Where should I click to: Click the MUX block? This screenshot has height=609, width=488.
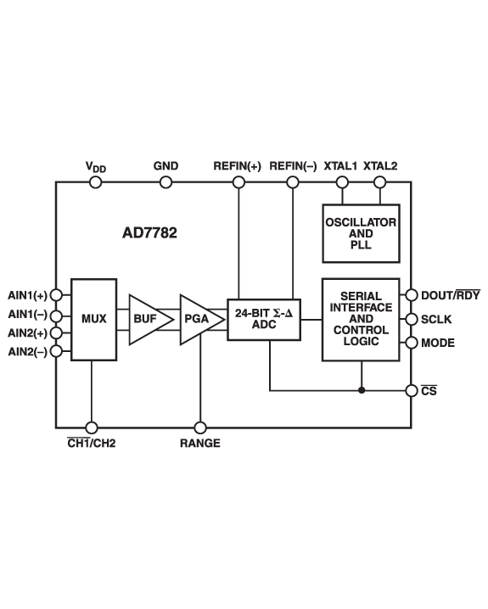click(x=93, y=319)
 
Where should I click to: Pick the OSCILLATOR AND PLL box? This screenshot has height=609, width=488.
click(x=361, y=233)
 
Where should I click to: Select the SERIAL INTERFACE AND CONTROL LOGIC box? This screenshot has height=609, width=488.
click(x=361, y=318)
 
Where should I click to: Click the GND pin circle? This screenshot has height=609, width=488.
click(x=165, y=182)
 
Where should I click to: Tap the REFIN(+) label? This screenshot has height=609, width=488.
click(x=238, y=166)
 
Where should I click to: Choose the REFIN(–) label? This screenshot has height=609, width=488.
click(x=292, y=166)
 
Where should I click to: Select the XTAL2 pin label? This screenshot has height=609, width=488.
click(x=379, y=166)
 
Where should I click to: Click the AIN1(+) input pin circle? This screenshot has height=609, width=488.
click(x=56, y=295)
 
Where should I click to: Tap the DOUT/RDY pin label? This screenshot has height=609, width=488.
click(x=450, y=295)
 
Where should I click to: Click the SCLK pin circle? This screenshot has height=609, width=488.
click(x=412, y=320)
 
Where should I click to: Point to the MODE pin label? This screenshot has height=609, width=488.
click(x=438, y=343)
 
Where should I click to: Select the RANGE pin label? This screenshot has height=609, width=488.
click(x=200, y=444)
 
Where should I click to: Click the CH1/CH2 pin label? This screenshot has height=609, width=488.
click(x=92, y=444)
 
